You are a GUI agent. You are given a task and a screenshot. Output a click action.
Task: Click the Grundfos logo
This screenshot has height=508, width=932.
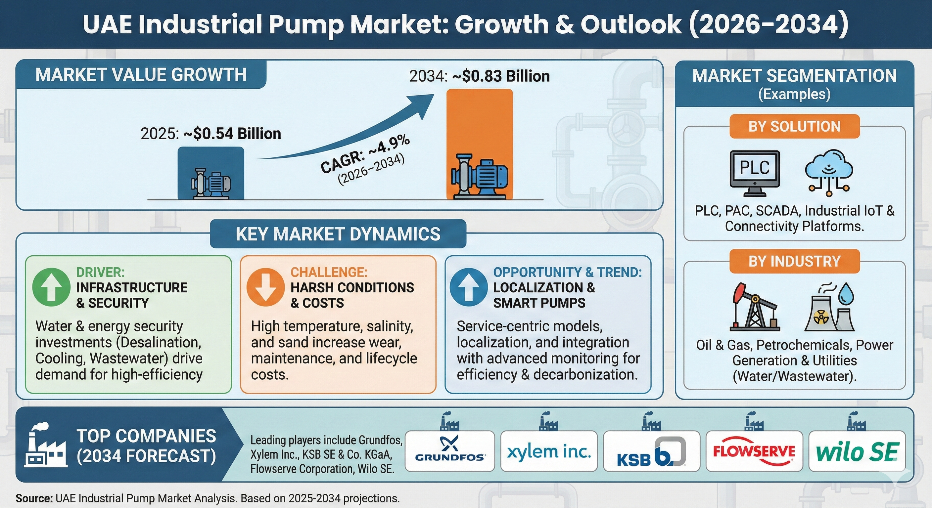[x=450, y=451]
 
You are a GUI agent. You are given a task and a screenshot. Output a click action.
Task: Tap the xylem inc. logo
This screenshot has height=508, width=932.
[x=548, y=451]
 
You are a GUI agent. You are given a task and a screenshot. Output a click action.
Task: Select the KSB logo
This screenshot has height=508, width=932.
[x=651, y=452]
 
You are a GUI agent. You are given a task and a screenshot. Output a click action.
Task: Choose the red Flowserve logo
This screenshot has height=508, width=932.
[x=754, y=451]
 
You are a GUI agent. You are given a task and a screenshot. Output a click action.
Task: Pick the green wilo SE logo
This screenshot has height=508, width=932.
[x=857, y=452]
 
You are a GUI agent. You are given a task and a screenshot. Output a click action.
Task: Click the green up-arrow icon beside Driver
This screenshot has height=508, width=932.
[x=51, y=287]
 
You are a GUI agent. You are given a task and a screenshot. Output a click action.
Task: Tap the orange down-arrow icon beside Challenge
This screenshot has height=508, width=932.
[x=265, y=287]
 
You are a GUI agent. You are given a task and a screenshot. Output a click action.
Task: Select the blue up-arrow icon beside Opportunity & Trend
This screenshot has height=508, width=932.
[x=468, y=287]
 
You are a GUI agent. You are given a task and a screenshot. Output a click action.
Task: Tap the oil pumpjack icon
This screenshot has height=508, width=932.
[x=754, y=307]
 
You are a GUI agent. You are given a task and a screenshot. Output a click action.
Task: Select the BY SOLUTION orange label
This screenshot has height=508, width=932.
[x=794, y=127]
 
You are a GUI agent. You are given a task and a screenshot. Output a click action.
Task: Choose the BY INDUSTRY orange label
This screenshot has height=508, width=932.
[x=794, y=261]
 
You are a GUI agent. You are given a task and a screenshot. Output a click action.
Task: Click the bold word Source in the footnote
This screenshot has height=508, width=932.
[x=34, y=498]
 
